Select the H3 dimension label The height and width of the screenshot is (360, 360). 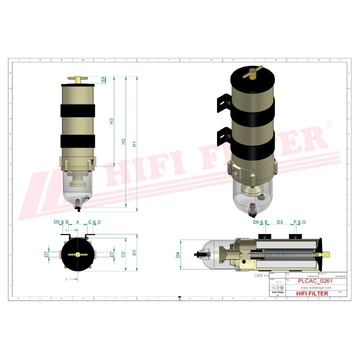[x=112, y=121]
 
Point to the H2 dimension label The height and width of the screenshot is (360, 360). [x=123, y=141]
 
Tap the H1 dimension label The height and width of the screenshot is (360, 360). [x=134, y=143]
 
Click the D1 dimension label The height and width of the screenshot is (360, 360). [x=134, y=253]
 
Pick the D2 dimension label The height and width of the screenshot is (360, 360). [x=123, y=253]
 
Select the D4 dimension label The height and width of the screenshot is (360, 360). [x=177, y=254]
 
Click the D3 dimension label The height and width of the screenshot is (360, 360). [x=279, y=221]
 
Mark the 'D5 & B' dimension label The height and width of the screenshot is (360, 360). [x=60, y=221]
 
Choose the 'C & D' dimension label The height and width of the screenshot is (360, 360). [x=94, y=221]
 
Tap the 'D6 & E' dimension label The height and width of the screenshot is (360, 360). [x=260, y=221]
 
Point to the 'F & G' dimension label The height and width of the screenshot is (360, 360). [x=299, y=221]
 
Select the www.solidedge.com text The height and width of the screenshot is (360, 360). [x=316, y=287]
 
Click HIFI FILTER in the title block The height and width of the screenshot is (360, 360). [x=312, y=293]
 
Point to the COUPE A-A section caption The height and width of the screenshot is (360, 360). [x=260, y=274]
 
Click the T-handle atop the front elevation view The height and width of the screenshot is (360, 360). [x=77, y=79]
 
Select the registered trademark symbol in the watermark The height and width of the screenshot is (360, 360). [x=328, y=123]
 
